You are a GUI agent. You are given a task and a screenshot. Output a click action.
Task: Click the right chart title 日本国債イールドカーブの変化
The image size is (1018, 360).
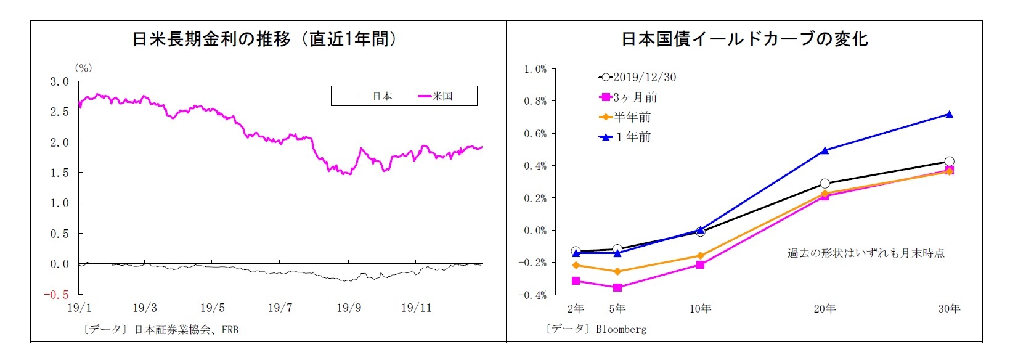(x=744, y=39)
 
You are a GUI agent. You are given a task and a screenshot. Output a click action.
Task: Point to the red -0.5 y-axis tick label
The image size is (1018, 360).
(x=56, y=295)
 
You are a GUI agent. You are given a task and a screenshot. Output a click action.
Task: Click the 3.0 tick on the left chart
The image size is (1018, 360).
(x=60, y=81)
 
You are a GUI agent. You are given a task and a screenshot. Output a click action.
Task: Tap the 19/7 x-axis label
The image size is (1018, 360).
(x=280, y=308)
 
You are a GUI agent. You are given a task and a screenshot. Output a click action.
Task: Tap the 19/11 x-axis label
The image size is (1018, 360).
(x=416, y=308)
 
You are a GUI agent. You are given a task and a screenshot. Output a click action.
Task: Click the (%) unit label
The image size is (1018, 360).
(x=83, y=68)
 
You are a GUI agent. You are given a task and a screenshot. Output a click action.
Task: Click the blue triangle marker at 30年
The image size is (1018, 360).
(x=949, y=114)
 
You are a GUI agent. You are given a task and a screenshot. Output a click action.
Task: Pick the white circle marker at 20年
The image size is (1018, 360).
(x=825, y=184)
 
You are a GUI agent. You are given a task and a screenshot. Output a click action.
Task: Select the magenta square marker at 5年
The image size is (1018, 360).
(x=617, y=287)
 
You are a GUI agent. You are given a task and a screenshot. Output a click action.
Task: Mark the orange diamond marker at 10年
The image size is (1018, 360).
(x=700, y=256)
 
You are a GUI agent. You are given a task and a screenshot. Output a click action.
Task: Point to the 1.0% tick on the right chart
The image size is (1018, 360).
(x=535, y=69)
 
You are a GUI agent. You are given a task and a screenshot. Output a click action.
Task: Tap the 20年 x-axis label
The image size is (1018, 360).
(x=825, y=308)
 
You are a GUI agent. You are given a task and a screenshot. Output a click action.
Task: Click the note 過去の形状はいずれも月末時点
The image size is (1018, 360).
(x=866, y=253)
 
